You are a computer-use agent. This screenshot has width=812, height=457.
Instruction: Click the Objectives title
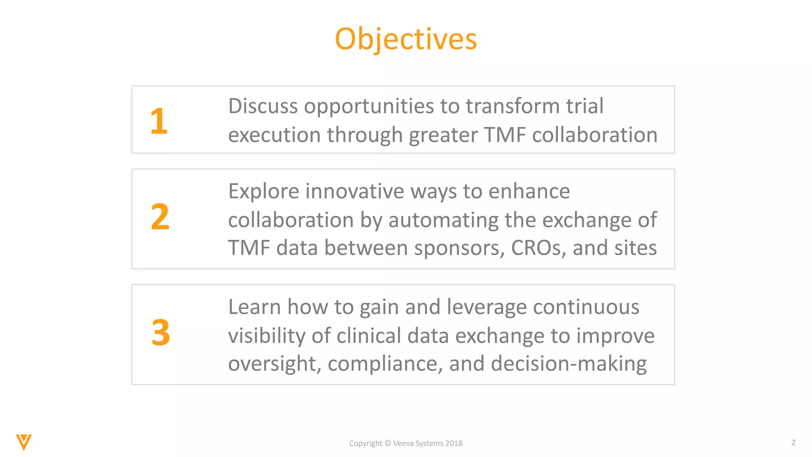point(406,39)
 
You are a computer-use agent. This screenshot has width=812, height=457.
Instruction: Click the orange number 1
point(159,121)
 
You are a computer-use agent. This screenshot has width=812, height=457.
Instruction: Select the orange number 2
point(160,217)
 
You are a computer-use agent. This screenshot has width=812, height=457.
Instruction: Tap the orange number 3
point(161,332)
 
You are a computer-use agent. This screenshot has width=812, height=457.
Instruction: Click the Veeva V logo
point(24,442)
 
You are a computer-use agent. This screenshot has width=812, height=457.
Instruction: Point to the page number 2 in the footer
point(793,442)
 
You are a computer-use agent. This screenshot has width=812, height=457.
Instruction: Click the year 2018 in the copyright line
point(454,444)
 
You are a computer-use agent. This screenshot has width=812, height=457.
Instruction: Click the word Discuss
point(263,106)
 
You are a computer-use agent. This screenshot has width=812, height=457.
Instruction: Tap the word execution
point(274,135)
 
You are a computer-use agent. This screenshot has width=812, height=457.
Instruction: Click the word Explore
point(264,192)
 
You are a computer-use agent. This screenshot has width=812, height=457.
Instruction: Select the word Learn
point(255,307)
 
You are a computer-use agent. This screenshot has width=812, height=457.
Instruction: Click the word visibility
point(266,336)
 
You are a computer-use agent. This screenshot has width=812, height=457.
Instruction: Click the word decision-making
point(569,364)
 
